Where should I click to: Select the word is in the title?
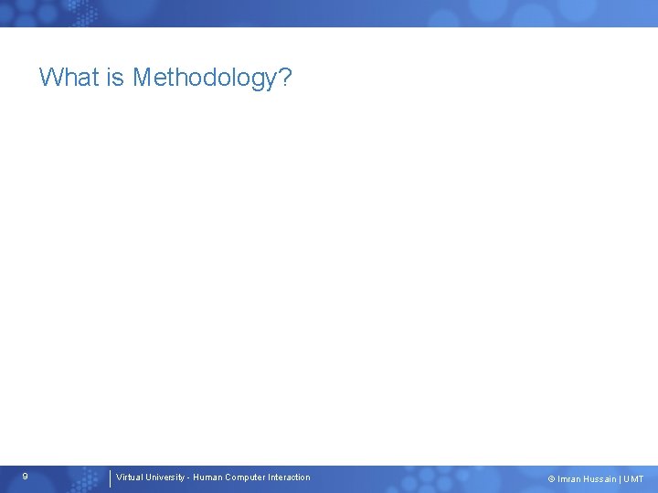click(x=115, y=78)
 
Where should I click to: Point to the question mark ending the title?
click(x=285, y=78)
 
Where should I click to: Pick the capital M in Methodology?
click(x=143, y=78)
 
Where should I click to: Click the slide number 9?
click(x=25, y=477)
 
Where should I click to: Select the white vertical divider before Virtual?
click(x=110, y=478)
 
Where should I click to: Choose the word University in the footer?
click(x=164, y=477)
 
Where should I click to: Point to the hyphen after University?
click(x=188, y=477)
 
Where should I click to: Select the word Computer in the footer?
click(x=245, y=477)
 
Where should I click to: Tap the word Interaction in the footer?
click(x=289, y=477)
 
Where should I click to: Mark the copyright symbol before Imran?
click(x=551, y=479)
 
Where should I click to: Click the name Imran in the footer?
click(x=568, y=479)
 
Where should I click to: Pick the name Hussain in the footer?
click(x=600, y=479)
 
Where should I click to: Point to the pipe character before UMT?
click(x=620, y=479)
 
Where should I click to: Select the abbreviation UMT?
click(x=633, y=479)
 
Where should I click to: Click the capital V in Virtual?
click(x=119, y=477)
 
